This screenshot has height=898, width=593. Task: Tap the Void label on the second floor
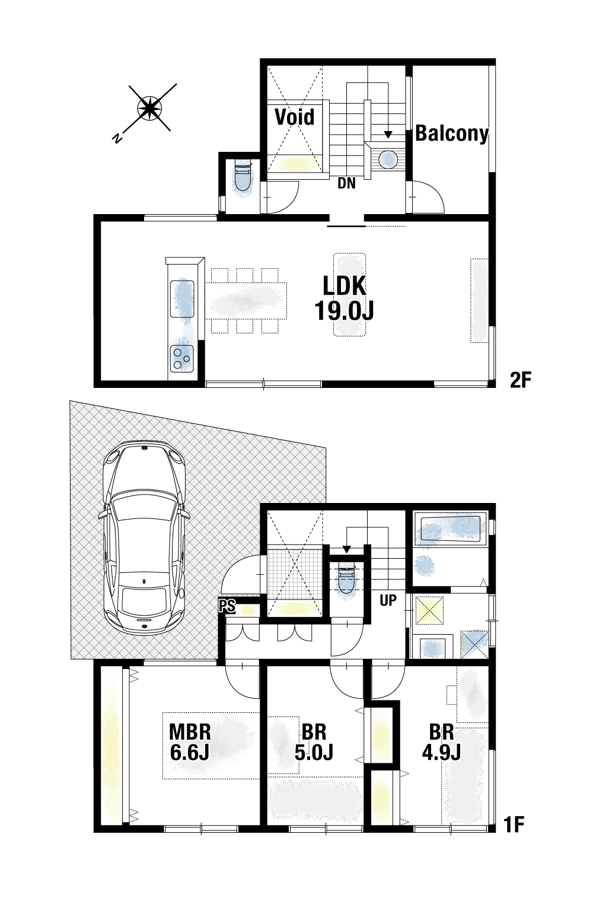click(295, 117)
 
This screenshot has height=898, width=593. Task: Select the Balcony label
click(452, 133)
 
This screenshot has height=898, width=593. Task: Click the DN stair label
click(346, 184)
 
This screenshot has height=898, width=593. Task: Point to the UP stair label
click(388, 600)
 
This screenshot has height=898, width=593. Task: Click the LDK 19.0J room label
click(345, 299)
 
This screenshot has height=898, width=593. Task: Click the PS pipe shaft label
click(227, 606)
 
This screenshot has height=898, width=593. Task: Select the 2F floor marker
click(521, 380)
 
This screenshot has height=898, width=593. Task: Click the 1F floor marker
click(514, 824)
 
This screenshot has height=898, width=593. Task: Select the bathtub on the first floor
click(450, 529)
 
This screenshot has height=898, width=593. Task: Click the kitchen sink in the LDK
click(182, 298)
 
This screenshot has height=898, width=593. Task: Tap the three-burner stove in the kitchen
click(182, 358)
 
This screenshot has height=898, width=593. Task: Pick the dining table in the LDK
click(247, 301)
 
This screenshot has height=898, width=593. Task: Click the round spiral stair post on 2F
click(388, 159)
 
